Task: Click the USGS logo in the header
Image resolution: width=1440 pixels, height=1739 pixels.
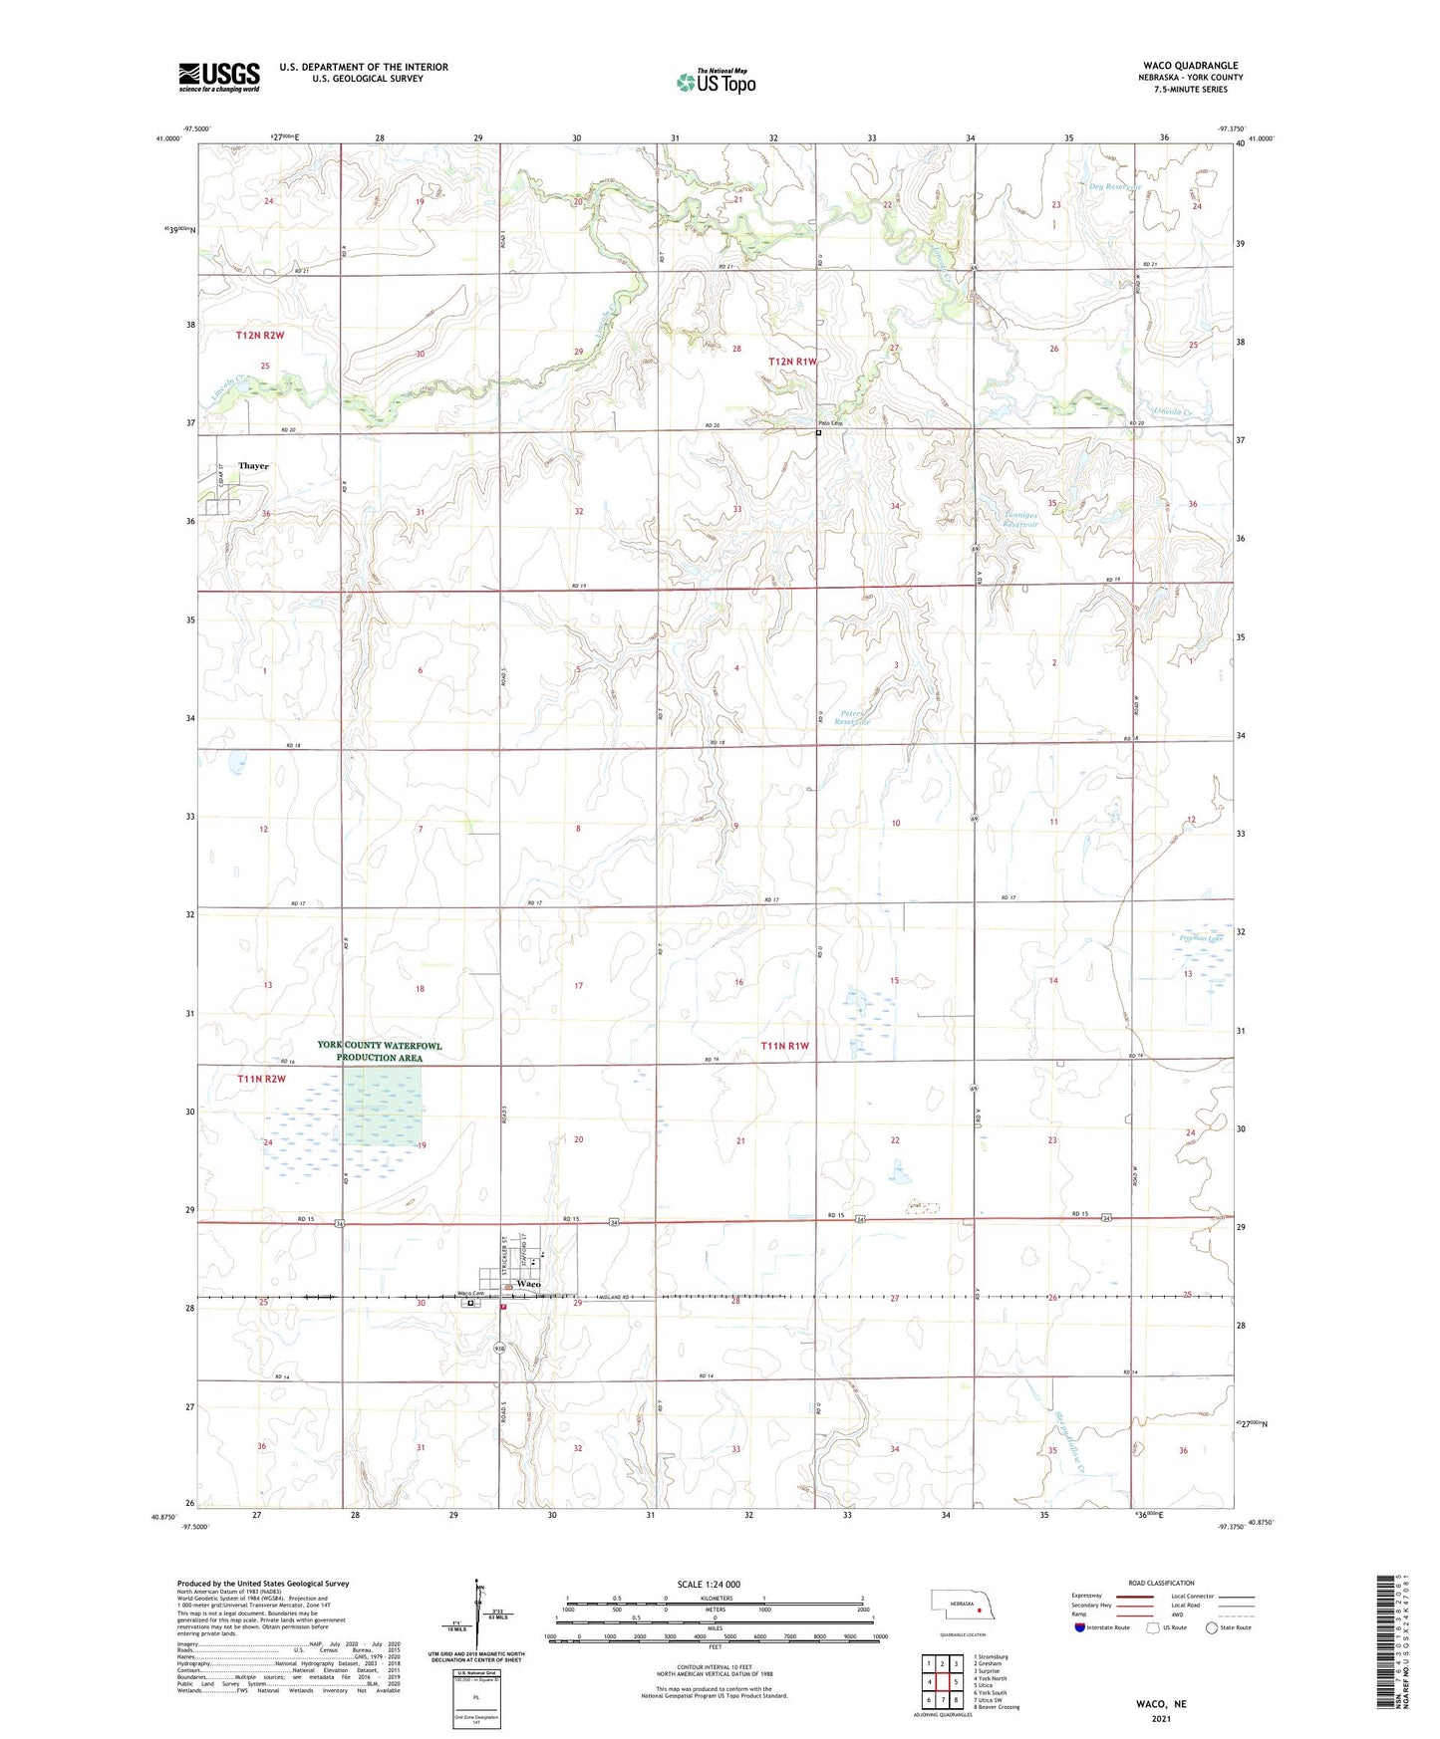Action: [219, 77]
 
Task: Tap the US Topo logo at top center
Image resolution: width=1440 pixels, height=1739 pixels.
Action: [716, 82]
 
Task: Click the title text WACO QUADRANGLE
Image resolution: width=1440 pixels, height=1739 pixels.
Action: [1190, 66]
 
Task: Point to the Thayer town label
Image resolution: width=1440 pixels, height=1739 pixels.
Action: [253, 466]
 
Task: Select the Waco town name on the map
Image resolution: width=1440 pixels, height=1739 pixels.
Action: [528, 1284]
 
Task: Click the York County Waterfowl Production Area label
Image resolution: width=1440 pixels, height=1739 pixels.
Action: [379, 1051]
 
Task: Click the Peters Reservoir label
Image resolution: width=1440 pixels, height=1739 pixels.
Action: [854, 717]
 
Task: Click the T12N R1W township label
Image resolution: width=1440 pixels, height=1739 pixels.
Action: [792, 362]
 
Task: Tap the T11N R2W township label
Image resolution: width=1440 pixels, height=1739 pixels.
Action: [261, 1079]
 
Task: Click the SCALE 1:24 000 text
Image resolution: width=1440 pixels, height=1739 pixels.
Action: [709, 1584]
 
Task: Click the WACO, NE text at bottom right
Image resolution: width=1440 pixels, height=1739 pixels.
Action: [1161, 1704]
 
